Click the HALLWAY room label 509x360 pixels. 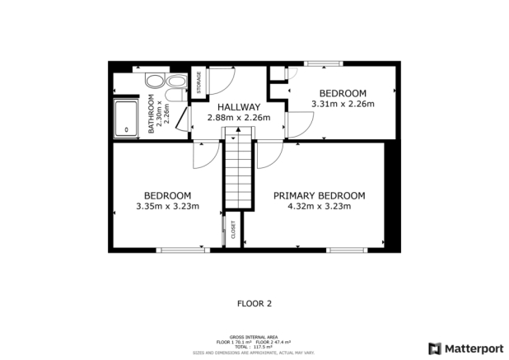pyautogui.click(x=238, y=107)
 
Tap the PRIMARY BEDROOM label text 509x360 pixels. pyautogui.click(x=319, y=195)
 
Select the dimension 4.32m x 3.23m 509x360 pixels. pyautogui.click(x=319, y=206)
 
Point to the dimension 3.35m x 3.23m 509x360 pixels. pyautogui.click(x=167, y=206)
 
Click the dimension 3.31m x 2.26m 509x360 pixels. pyautogui.click(x=343, y=104)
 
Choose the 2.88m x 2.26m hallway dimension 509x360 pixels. pyautogui.click(x=238, y=118)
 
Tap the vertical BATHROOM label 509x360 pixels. pyautogui.click(x=152, y=115)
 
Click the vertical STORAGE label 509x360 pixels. pyautogui.click(x=198, y=83)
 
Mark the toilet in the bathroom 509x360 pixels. pyautogui.click(x=175, y=82)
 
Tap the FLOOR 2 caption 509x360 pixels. pyautogui.click(x=254, y=303)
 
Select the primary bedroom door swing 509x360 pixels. pyautogui.click(x=269, y=154)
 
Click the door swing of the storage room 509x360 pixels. pyautogui.click(x=221, y=79)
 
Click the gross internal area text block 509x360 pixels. pyautogui.click(x=254, y=344)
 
